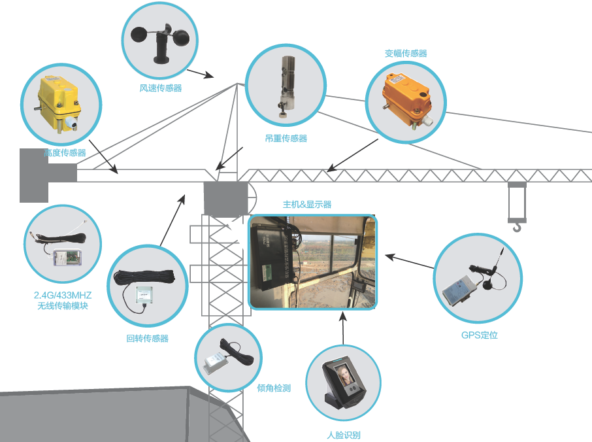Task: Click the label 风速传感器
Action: pyautogui.click(x=161, y=88)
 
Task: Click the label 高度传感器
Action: pyautogui.click(x=65, y=153)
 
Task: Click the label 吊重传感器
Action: pyautogui.click(x=286, y=138)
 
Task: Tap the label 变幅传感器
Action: pyautogui.click(x=406, y=54)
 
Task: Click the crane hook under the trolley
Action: pyautogui.click(x=517, y=226)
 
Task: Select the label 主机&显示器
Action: pyautogui.click(x=307, y=205)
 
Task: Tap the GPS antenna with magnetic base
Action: pyautogui.click(x=491, y=275)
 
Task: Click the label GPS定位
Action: pyautogui.click(x=479, y=335)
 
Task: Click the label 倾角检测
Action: pyautogui.click(x=274, y=388)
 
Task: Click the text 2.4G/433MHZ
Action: pyautogui.click(x=63, y=295)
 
